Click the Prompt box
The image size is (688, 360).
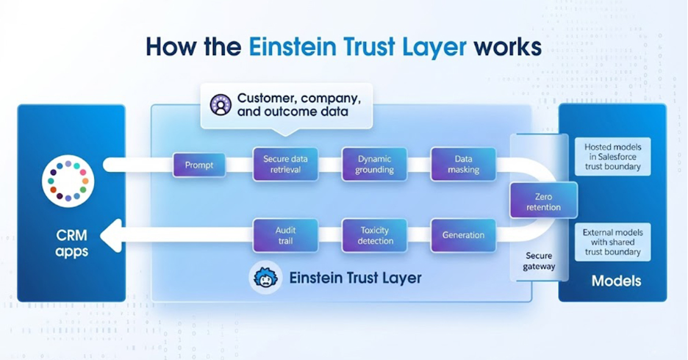click(x=199, y=165)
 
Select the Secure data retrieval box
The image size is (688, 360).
click(x=285, y=165)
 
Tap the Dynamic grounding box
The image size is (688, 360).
click(x=375, y=165)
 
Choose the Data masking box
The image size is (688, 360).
click(x=463, y=165)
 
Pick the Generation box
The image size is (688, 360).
click(x=463, y=235)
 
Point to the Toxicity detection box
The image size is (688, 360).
click(x=375, y=235)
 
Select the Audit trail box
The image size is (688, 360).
click(x=285, y=235)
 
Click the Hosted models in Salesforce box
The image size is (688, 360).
click(x=612, y=156)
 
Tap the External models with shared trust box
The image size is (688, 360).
click(x=612, y=242)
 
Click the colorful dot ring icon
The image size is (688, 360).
click(x=68, y=180)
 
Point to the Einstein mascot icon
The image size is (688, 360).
click(x=265, y=278)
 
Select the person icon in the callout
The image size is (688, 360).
click(x=221, y=105)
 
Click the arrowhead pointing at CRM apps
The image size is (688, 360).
click(x=110, y=236)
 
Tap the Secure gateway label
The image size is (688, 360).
click(x=539, y=261)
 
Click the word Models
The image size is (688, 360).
click(x=616, y=281)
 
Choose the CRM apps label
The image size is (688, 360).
click(x=72, y=243)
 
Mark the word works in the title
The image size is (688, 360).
click(x=507, y=46)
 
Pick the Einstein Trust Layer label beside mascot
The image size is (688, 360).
click(x=355, y=278)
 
